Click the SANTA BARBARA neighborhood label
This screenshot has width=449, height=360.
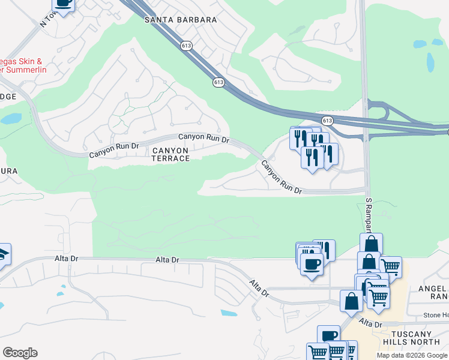(181, 20)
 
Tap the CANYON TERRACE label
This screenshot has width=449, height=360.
(170, 154)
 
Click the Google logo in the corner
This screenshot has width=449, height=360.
(20, 352)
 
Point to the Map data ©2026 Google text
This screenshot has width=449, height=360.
(412, 355)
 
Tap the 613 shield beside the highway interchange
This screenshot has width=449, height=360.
(327, 121)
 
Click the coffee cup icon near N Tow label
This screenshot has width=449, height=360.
(63, 3)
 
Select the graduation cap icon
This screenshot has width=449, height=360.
(3, 254)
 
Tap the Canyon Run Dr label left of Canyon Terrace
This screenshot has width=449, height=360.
(114, 150)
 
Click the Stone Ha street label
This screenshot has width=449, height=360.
(435, 315)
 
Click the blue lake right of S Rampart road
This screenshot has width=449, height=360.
(430, 61)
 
